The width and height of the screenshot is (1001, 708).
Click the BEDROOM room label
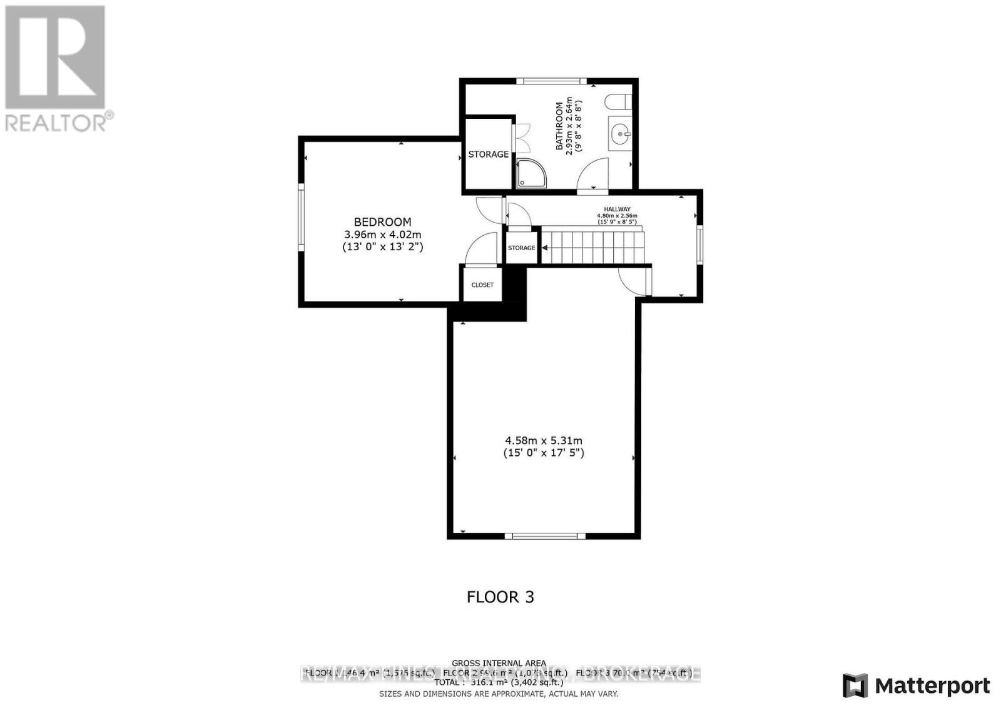pyautogui.click(x=382, y=222)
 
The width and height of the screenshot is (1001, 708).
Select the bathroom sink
pyautogui.click(x=619, y=133)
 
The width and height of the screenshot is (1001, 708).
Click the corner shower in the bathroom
pyautogui.click(x=531, y=173)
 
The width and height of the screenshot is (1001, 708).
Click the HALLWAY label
pyautogui.click(x=617, y=209)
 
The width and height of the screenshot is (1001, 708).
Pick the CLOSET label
pyautogui.click(x=482, y=285)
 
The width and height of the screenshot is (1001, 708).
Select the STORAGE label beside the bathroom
pyautogui.click(x=489, y=154)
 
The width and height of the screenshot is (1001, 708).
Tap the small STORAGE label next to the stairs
pyautogui.click(x=521, y=248)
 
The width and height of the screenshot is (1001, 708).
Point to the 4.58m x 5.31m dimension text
pyautogui.click(x=544, y=441)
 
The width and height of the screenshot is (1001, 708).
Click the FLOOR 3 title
pyautogui.click(x=500, y=597)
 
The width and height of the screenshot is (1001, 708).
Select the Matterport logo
pyautogui.click(x=916, y=685)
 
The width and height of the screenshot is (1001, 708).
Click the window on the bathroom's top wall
pyautogui.click(x=551, y=81)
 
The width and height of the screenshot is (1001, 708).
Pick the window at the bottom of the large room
pyautogui.click(x=545, y=535)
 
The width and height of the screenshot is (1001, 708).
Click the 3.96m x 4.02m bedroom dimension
pyautogui.click(x=382, y=235)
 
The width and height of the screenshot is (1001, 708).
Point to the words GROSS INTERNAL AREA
pyautogui.click(x=499, y=663)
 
